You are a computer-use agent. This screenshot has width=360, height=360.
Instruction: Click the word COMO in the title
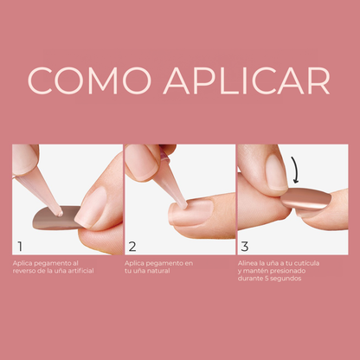tap(89, 80)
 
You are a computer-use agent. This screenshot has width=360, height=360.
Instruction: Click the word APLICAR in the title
tap(247, 80)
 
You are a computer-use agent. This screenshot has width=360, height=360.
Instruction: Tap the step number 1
tap(20, 247)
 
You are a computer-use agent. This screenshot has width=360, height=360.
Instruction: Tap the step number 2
tap(132, 247)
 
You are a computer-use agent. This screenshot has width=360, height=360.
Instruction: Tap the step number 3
tap(245, 247)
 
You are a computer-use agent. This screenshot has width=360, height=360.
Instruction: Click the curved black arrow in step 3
tap(295, 170)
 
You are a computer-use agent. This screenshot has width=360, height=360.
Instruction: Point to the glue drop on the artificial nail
tap(60, 214)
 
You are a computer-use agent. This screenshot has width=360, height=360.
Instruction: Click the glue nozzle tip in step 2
tap(184, 206)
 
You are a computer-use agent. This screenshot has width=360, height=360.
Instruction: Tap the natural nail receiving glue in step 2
tap(192, 213)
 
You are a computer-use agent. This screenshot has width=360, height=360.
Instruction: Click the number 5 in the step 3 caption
tap(267, 279)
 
